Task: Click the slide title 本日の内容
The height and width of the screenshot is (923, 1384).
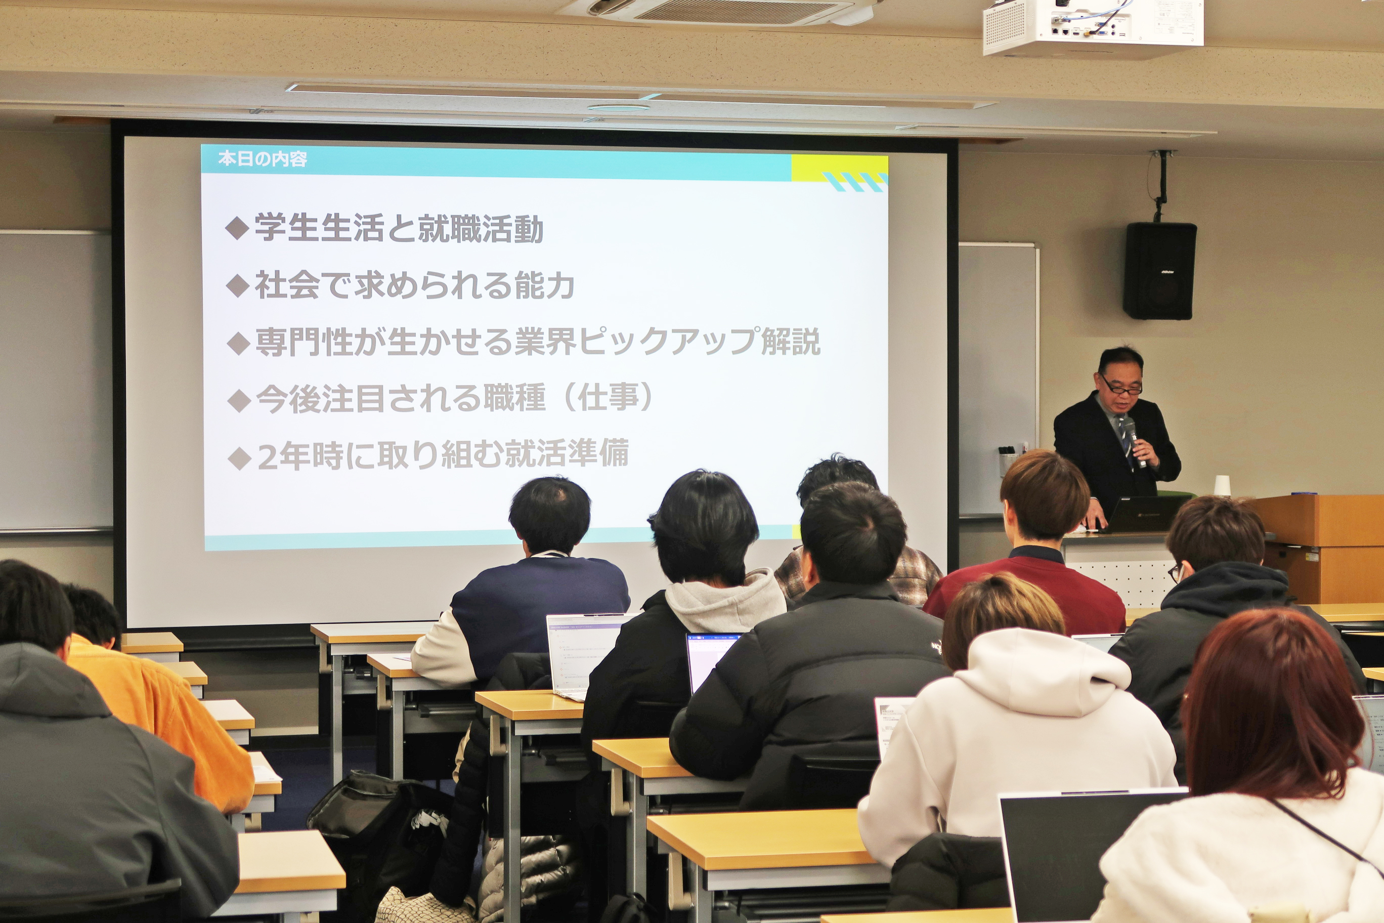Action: click(263, 159)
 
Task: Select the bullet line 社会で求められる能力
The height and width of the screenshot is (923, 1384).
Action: click(414, 285)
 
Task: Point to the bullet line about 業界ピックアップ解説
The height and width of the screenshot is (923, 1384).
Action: click(537, 342)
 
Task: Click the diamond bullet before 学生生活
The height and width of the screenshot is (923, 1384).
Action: click(237, 228)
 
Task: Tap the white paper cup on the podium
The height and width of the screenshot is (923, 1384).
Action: click(1222, 486)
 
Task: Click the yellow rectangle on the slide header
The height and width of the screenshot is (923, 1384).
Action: click(839, 168)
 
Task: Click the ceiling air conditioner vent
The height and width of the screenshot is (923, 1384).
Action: click(729, 11)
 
